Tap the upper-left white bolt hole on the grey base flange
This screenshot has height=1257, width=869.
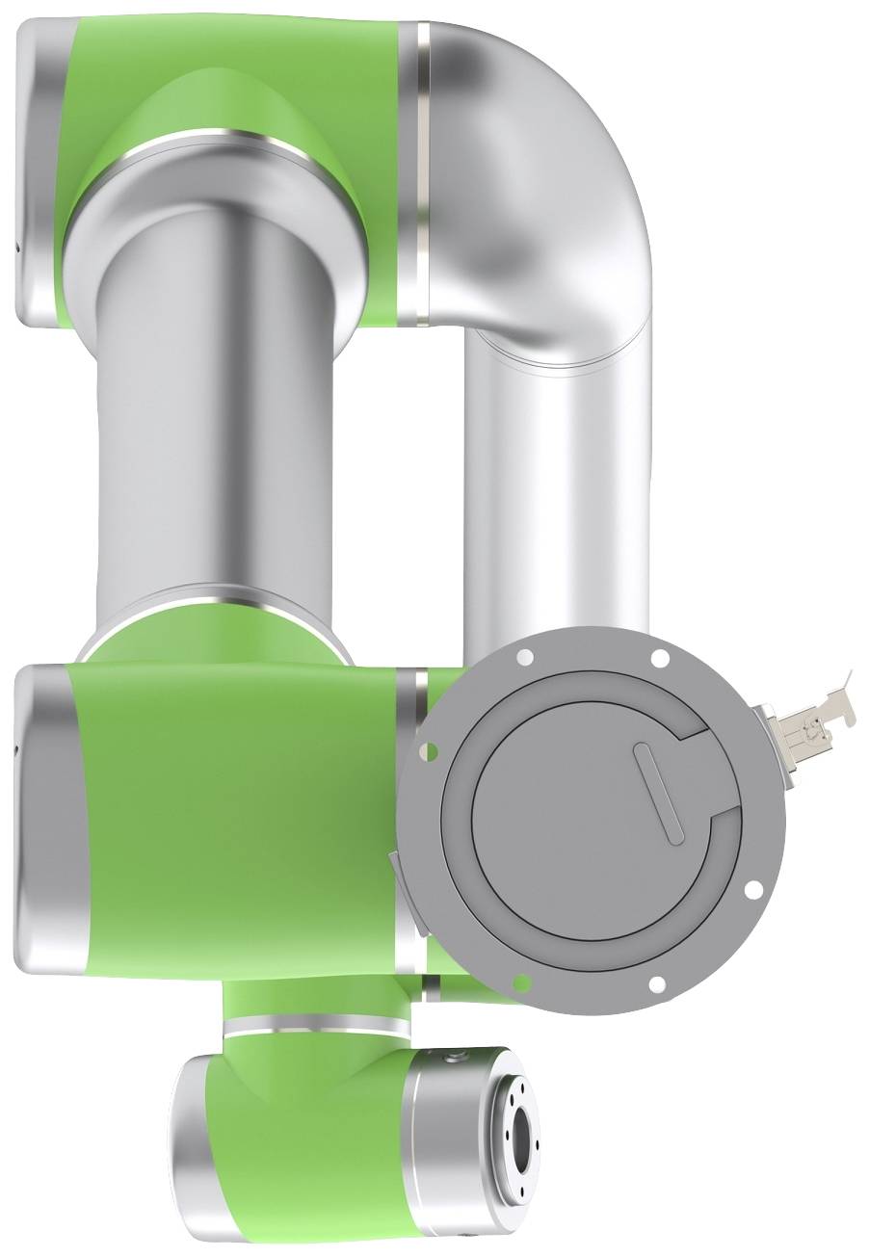coord(525,658)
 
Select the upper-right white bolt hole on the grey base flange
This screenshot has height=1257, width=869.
coord(660,659)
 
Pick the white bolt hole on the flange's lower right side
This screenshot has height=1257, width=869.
coord(753,888)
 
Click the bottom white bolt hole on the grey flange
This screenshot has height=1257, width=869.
coord(657,983)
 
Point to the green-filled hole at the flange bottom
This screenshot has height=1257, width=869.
coord(523,983)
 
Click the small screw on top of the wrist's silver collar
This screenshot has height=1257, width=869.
coord(449,1061)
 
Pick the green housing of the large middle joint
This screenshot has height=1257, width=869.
coord(241,819)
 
